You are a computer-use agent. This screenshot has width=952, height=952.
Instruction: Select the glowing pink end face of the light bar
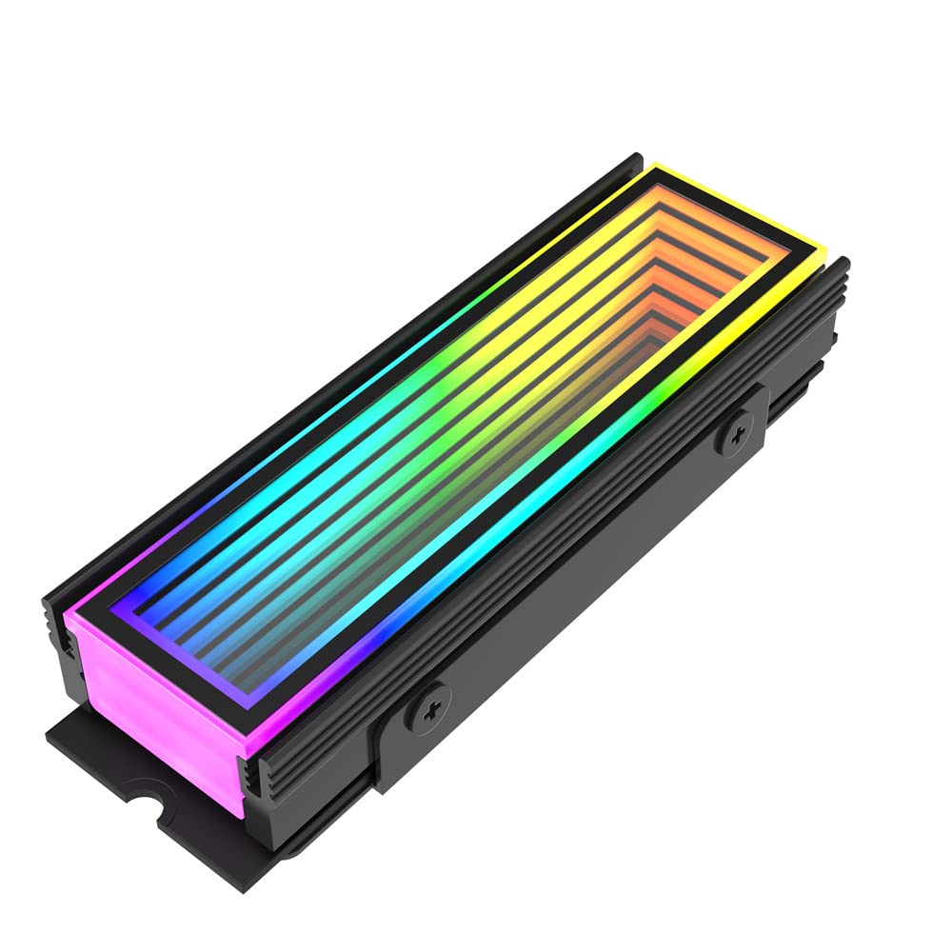(x=154, y=687)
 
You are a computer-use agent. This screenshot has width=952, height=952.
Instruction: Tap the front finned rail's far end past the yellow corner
(x=842, y=270)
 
